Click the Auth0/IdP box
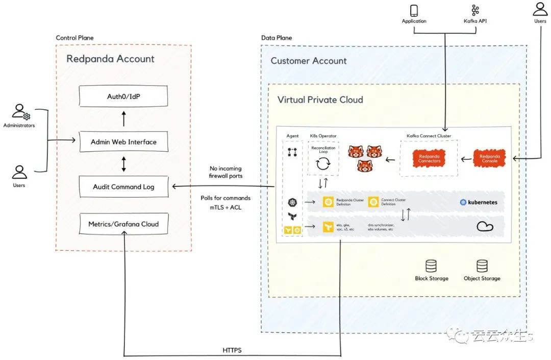123,97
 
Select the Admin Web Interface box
123,141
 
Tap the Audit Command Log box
123,187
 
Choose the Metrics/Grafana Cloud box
123,224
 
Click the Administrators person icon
19,112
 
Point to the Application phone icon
414,10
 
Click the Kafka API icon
475,10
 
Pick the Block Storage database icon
432,266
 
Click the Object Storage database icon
482,266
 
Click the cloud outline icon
485,226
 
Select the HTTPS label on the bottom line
232,350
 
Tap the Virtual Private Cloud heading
320,100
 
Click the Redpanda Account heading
110,59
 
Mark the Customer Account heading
308,61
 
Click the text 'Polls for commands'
226,198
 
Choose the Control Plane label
74,38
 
